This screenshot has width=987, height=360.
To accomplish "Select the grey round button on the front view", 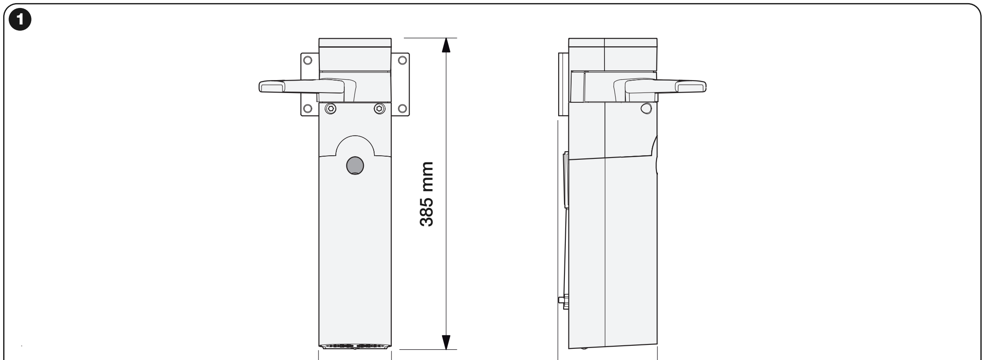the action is coord(355,166).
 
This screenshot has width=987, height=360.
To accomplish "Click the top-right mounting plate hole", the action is coord(402,59).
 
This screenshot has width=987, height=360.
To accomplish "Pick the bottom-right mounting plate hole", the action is coord(402,108).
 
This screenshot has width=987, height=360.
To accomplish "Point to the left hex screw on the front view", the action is coord(330,108).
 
